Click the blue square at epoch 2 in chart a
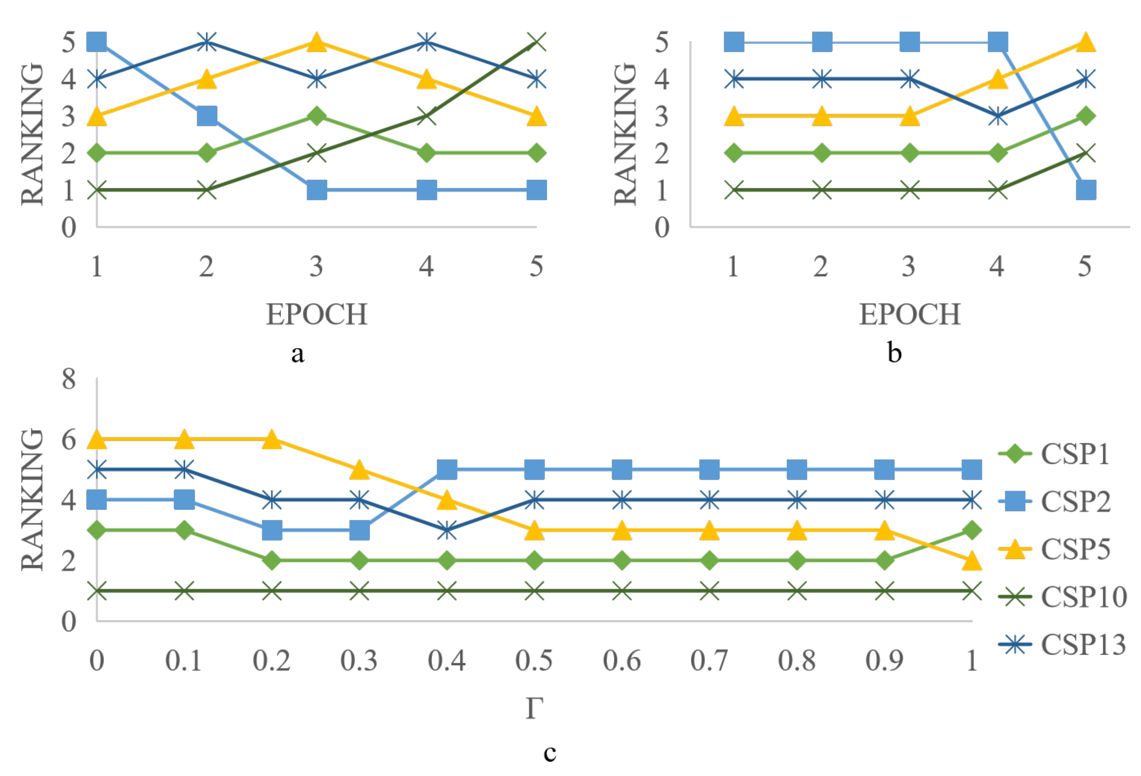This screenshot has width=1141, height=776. (207, 116)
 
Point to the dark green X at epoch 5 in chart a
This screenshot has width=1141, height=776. (536, 42)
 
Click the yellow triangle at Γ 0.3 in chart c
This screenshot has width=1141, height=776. (359, 470)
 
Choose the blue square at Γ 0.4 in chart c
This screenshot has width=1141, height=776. (447, 470)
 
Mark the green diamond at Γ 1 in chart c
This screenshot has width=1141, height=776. (972, 530)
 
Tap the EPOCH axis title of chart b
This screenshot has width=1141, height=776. (909, 314)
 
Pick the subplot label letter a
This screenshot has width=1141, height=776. (297, 353)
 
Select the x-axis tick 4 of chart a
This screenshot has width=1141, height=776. (426, 267)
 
